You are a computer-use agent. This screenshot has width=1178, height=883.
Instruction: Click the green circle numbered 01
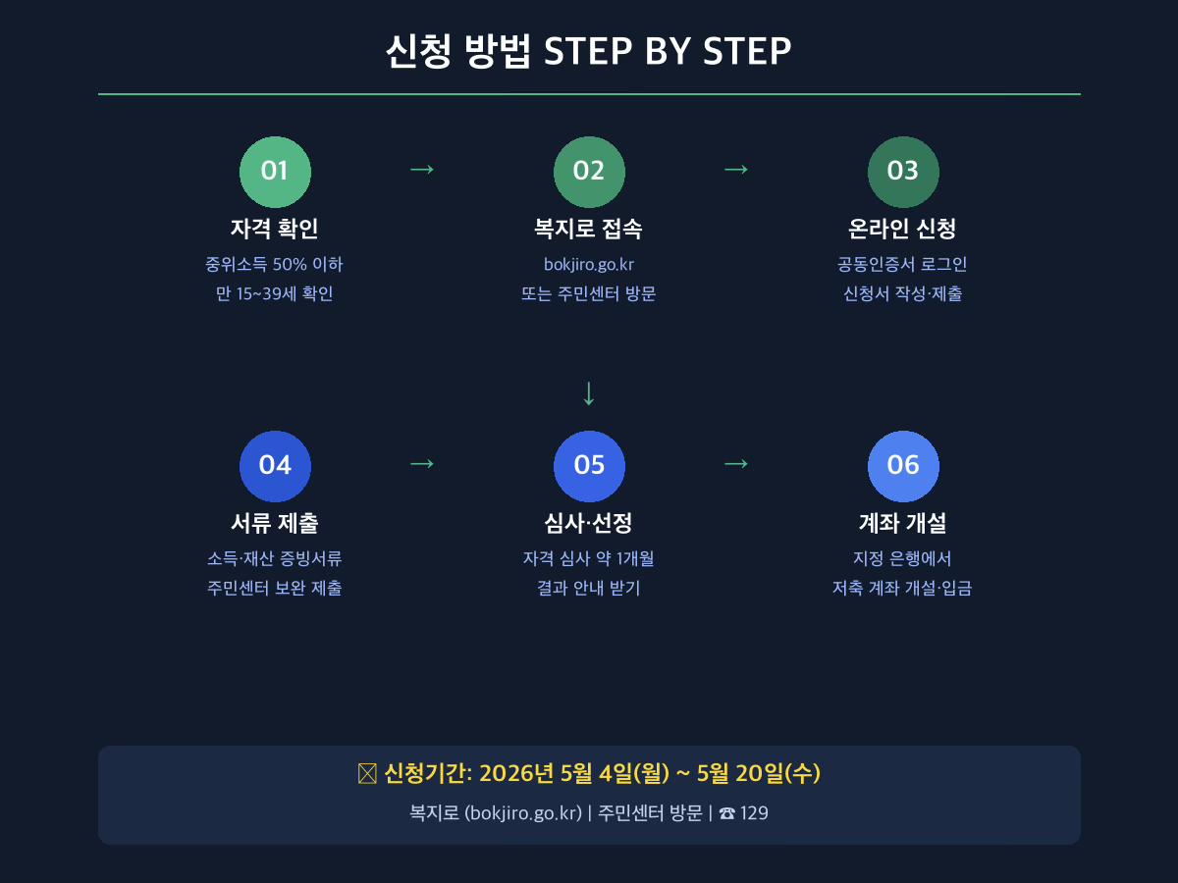275,172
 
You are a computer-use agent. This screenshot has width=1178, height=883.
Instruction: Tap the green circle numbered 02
589,172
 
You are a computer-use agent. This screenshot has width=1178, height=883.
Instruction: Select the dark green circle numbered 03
903,172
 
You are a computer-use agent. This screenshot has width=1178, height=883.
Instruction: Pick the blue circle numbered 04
275,466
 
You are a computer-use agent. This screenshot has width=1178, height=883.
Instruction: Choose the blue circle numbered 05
589,466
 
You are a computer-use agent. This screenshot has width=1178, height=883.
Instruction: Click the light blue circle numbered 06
903,466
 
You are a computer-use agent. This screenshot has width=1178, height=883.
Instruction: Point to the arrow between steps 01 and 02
422,170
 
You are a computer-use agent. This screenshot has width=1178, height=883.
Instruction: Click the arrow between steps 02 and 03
736,170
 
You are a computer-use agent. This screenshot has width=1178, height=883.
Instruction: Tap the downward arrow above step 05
589,393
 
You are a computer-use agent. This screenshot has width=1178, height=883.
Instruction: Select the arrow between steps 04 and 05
422,464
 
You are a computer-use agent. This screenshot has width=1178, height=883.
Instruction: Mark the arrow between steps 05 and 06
736,464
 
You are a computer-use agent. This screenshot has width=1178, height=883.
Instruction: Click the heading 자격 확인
274,229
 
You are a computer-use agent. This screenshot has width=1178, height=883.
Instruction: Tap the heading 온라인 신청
902,229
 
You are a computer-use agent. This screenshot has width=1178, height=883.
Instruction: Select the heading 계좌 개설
903,523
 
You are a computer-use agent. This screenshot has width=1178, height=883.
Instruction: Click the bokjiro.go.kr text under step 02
589,264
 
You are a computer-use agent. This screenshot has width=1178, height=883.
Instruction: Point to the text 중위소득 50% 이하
274,264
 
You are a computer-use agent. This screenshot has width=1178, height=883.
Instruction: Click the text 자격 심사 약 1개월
589,558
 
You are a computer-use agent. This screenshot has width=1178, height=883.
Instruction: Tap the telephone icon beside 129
726,814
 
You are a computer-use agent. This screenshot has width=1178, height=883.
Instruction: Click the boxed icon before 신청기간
367,774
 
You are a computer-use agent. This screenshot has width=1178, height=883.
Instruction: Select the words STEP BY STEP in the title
668,51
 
